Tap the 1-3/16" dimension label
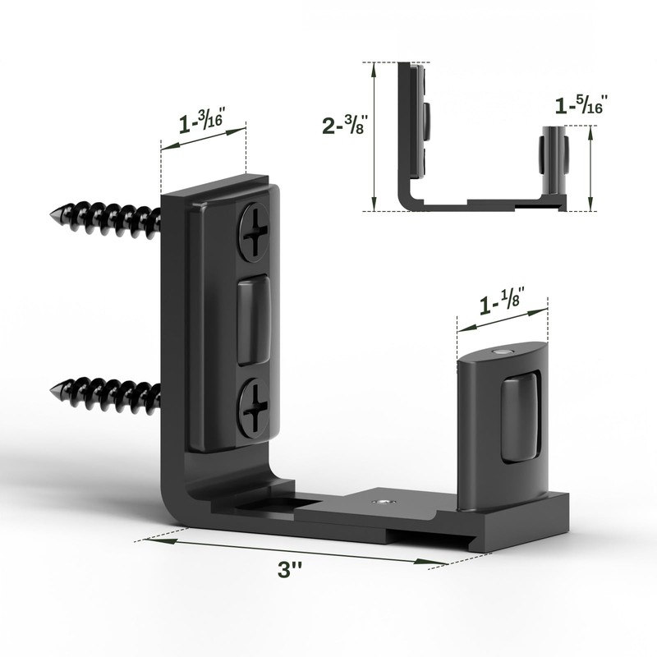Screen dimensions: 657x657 [202, 123]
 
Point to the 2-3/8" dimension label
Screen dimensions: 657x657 [344, 126]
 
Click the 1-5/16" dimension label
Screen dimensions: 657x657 [583, 105]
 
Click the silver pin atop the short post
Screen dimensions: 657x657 [501, 351]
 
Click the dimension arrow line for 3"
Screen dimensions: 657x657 [296, 551]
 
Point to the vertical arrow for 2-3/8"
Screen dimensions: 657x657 [374, 136]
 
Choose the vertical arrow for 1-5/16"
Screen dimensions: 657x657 [590, 168]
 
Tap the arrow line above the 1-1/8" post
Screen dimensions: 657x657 [503, 319]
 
